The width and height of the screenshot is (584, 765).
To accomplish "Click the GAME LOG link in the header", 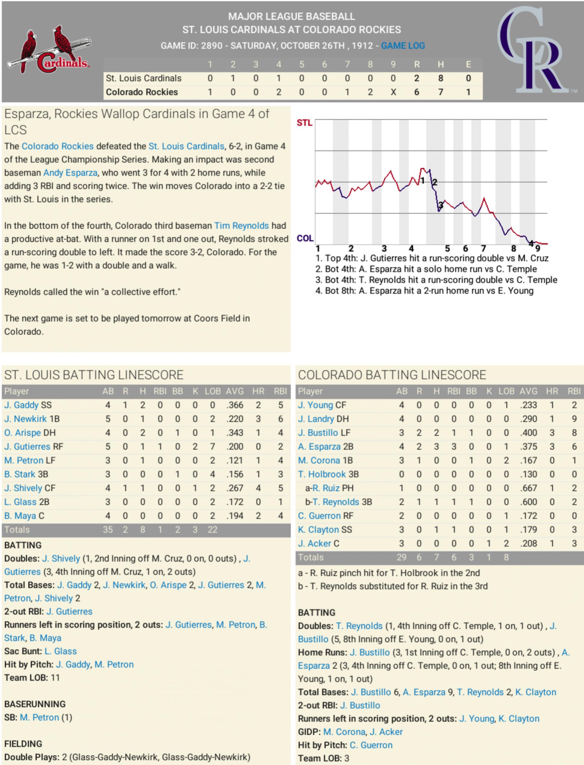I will click(x=403, y=46).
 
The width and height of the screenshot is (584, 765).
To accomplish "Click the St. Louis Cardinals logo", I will click(x=49, y=50).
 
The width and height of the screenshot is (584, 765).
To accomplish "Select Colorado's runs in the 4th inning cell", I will click(x=278, y=92).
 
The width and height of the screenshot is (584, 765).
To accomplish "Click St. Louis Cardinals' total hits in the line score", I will click(x=440, y=78).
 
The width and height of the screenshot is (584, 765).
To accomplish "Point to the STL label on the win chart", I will click(x=304, y=123).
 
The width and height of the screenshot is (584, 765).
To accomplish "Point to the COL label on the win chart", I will click(x=304, y=238).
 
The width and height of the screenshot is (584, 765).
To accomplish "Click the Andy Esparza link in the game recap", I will click(x=70, y=173).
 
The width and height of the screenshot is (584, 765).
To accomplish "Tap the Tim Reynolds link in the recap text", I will click(x=241, y=225).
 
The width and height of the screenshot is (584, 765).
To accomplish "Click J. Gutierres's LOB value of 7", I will click(x=212, y=446).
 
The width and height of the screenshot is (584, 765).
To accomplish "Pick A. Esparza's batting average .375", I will click(x=528, y=446).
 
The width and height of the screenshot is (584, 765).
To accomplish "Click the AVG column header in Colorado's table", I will click(x=528, y=391).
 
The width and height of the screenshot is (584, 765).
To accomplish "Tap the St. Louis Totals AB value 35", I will click(x=108, y=530).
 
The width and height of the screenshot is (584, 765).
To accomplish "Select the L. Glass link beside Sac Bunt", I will click(x=61, y=651).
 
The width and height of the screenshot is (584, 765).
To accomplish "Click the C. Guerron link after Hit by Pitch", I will click(x=371, y=745).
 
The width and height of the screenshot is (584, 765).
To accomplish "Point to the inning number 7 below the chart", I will click(x=483, y=248).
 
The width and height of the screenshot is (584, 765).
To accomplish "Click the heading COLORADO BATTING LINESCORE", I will click(x=392, y=375).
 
